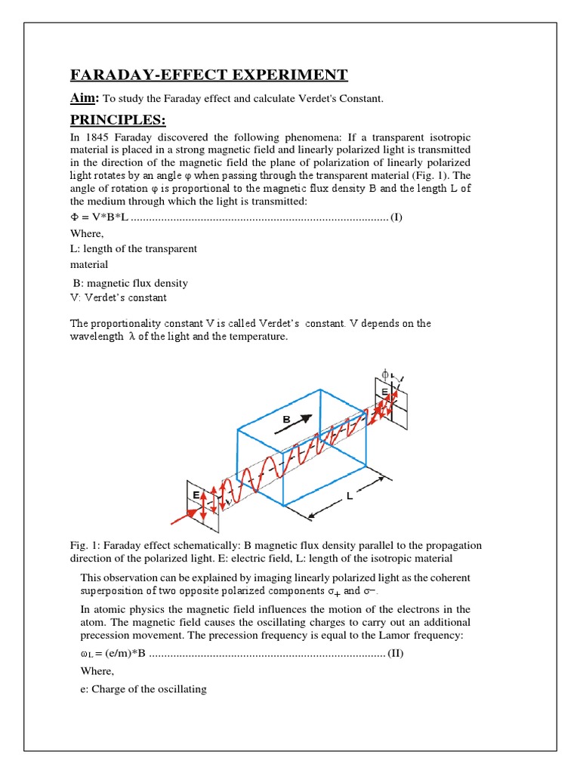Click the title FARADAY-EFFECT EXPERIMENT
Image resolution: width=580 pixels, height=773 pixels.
209,74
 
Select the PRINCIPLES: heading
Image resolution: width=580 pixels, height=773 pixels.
117,121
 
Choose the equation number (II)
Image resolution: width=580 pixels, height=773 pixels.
395,653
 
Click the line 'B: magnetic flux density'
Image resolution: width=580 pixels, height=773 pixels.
130,283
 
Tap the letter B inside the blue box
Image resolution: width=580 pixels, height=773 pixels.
286,418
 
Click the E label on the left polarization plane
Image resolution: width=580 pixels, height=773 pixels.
195,494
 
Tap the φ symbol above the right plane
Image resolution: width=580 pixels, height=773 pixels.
385,374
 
